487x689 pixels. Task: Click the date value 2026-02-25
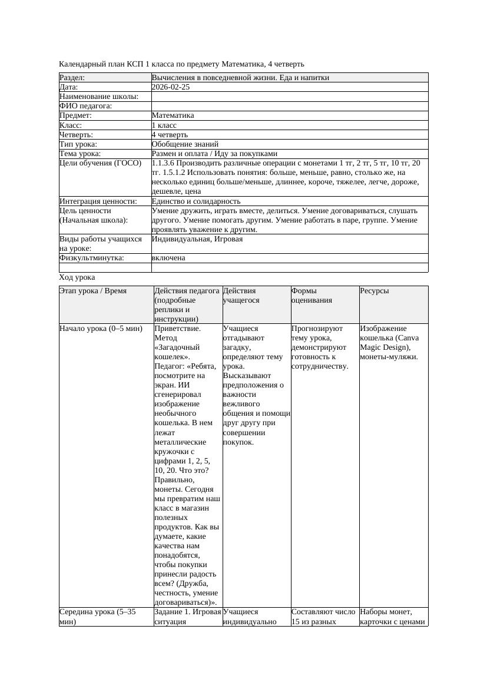pyautogui.click(x=171, y=87)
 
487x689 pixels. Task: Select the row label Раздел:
pyautogui.click(x=72, y=78)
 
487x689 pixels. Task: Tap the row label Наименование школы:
pyautogui.click(x=99, y=97)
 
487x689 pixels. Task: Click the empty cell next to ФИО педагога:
pyautogui.click(x=289, y=106)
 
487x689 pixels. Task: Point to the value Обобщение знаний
pyautogui.click(x=185, y=144)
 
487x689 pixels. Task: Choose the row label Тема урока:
pyautogui.click(x=83, y=154)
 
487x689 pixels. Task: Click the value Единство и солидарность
pyautogui.click(x=196, y=201)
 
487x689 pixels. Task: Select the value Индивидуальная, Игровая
pyautogui.click(x=197, y=240)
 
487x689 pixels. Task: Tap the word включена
pyautogui.click(x=168, y=258)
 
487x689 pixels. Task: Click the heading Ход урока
pyautogui.click(x=77, y=277)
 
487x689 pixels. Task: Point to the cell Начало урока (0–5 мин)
pyautogui.click(x=101, y=329)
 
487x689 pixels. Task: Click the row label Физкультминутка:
pyautogui.click(x=91, y=258)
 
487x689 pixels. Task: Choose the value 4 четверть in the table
pyautogui.click(x=170, y=135)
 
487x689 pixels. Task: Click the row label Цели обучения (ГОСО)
pyautogui.click(x=101, y=163)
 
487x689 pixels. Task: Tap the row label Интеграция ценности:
pyautogui.click(x=98, y=201)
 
